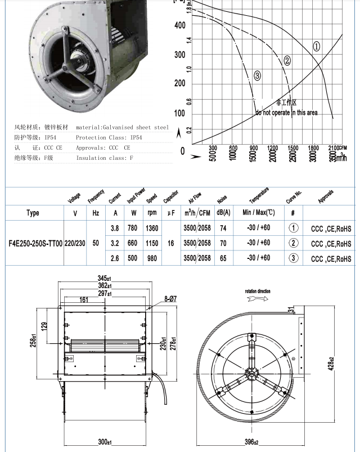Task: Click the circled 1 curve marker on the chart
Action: [x=317, y=47]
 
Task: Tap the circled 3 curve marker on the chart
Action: [x=257, y=75]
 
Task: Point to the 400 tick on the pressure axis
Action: [x=179, y=25]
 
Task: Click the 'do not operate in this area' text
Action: [x=286, y=113]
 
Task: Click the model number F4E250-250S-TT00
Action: [x=33, y=244]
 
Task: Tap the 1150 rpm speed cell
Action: [x=152, y=244]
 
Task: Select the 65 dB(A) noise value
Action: [x=223, y=258]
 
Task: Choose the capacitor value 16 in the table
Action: [x=171, y=244]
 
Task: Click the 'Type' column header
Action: [x=33, y=213]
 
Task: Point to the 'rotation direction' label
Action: [x=257, y=291]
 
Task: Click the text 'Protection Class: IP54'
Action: [x=106, y=137]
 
